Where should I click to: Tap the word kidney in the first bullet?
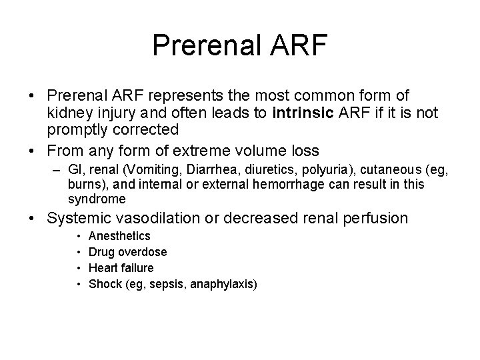69,113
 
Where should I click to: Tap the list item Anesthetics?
119,236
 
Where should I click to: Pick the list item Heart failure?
121,268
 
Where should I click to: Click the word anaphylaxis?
222,284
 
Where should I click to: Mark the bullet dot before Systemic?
33,218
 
